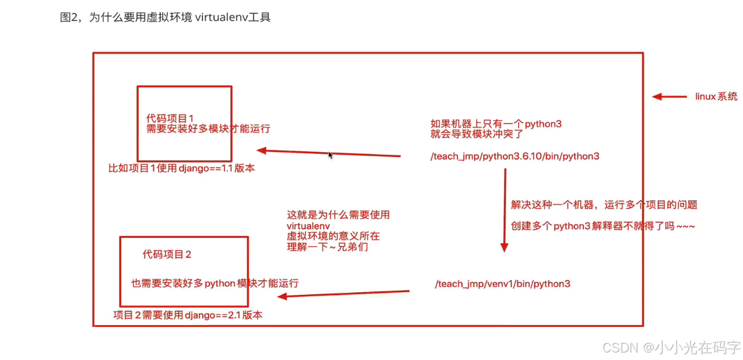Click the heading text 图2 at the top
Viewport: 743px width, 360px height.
coord(69,17)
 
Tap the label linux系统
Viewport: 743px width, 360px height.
coord(716,97)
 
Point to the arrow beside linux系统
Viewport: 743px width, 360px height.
coord(670,97)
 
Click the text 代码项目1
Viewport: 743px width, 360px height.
coord(170,119)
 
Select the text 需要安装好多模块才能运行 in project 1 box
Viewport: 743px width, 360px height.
coord(208,129)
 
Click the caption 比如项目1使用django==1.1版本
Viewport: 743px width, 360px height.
coord(182,168)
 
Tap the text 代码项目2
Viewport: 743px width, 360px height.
coord(167,254)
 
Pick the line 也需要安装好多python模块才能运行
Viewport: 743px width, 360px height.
coord(215,283)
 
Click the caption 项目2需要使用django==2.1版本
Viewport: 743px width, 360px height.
coord(188,315)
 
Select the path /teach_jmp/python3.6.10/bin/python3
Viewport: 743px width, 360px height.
coord(515,156)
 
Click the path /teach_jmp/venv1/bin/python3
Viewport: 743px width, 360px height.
coord(503,284)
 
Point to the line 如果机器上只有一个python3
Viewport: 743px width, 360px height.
coord(496,124)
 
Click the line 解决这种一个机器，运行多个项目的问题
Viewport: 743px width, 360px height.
coord(604,204)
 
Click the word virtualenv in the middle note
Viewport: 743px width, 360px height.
coord(308,226)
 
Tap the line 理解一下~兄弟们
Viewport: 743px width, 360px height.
coord(328,247)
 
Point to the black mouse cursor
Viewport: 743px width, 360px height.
coord(330,155)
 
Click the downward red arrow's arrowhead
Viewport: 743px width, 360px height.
coord(504,247)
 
